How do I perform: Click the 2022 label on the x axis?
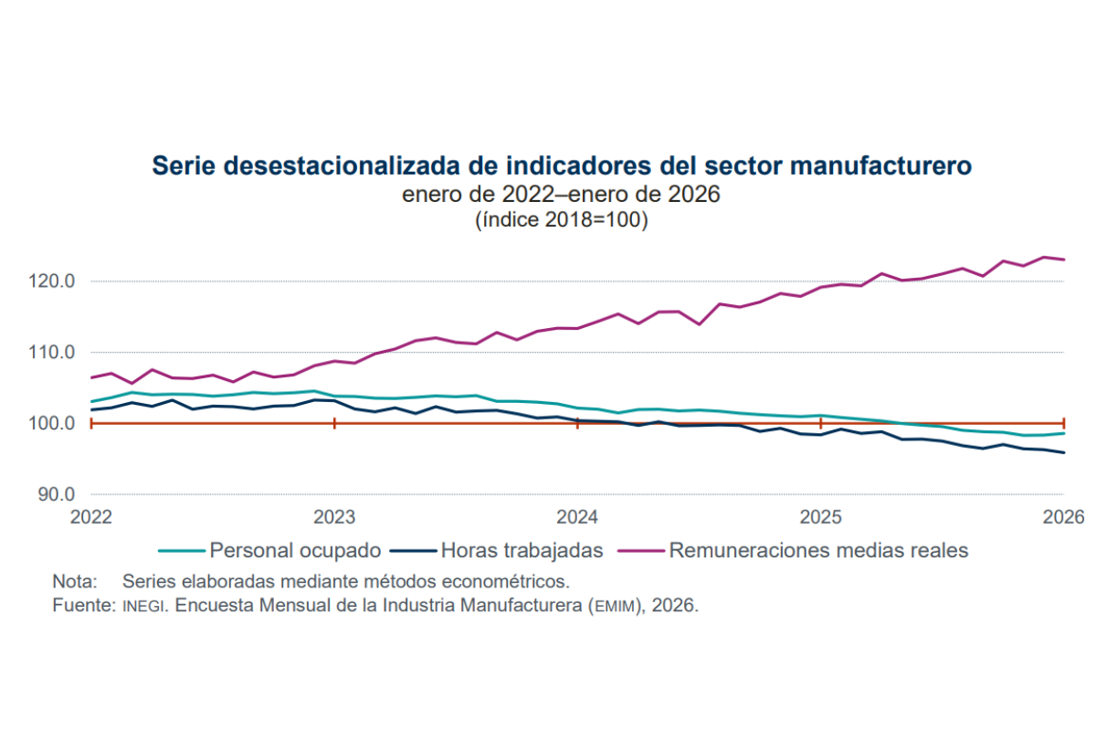tap(91, 517)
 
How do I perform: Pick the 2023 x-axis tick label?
tap(334, 517)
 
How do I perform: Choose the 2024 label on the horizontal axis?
tap(577, 517)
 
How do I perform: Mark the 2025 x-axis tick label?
tap(820, 517)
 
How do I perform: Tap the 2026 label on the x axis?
tap(1063, 517)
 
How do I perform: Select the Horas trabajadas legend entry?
tap(522, 551)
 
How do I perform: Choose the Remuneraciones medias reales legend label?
tap(818, 551)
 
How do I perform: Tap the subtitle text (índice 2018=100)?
tap(561, 220)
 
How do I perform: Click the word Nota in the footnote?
tap(73, 581)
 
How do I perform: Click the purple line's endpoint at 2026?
tap(1064, 260)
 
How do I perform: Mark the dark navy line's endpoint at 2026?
tap(1064, 452)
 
